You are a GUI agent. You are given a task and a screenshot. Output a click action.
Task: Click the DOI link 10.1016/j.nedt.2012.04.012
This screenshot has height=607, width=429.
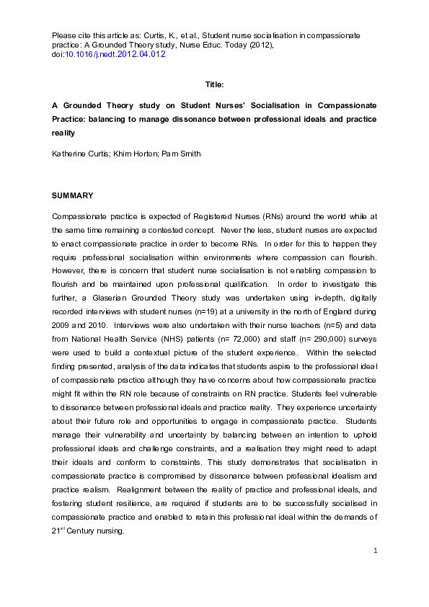pyautogui.click(x=115, y=54)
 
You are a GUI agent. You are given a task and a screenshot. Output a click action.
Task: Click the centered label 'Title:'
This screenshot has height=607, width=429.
pyautogui.click(x=214, y=85)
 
